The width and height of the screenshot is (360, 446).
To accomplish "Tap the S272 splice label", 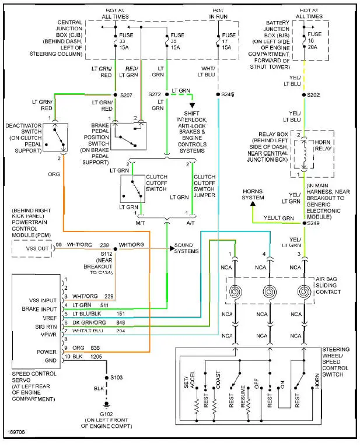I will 154,94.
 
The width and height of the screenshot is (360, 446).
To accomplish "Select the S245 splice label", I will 227,94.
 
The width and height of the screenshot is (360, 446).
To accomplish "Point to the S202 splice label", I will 314,94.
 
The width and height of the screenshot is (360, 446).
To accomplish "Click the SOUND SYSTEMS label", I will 187,248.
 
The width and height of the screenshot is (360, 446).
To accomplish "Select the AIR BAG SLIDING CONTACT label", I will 335,287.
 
